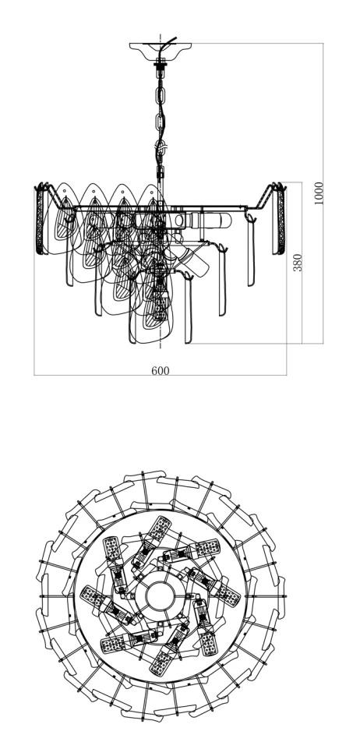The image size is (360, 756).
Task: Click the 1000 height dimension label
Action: click(x=319, y=193)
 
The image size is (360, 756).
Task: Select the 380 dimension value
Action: click(x=298, y=263)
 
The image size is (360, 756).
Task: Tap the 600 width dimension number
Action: click(x=161, y=370)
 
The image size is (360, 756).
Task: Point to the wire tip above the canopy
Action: click(x=176, y=38)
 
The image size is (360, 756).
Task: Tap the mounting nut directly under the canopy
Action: click(x=161, y=62)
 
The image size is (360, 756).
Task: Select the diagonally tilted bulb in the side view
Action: click(x=191, y=261)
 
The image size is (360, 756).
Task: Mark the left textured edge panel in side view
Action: click(x=39, y=220)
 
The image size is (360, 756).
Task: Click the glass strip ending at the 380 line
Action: click(x=189, y=309)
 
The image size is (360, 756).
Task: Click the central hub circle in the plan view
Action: click(x=160, y=597)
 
